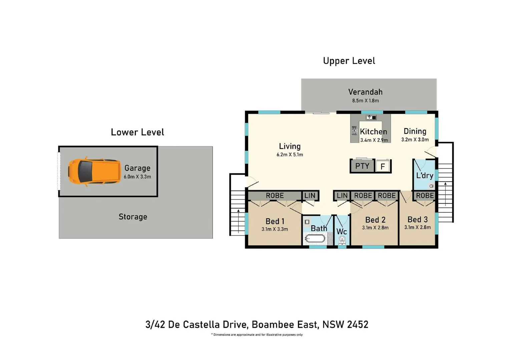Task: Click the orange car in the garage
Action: pos(94,172)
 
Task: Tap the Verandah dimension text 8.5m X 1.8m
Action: pos(365,101)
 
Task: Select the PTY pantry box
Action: pos(362,166)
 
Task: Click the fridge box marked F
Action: pos(383,166)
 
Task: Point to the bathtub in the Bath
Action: pos(315,239)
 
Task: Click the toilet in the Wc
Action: pos(342,240)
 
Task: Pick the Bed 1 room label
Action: pos(275,221)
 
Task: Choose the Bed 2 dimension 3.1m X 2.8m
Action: pos(375,228)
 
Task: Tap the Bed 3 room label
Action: pos(417,219)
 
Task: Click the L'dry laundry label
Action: pos(424,176)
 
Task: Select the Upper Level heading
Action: pos(349,61)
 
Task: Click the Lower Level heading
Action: pos(137,132)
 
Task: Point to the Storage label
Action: pos(133,217)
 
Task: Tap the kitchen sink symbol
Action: pos(371,118)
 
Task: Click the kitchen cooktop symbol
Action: pos(354,131)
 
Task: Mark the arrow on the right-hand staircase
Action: pos(445,193)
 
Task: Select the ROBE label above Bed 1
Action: pos(275,196)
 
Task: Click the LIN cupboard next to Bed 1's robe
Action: pos(310,196)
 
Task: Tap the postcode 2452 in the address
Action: pos(358,324)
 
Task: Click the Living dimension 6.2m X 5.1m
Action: pos(290,155)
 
